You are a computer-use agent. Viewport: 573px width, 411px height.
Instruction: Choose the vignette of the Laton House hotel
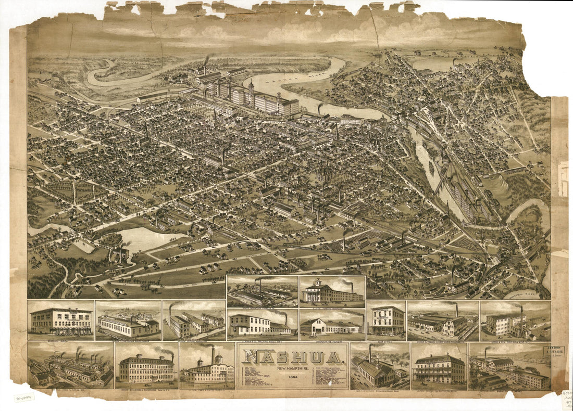439,367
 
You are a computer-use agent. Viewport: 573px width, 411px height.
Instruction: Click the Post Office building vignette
386,319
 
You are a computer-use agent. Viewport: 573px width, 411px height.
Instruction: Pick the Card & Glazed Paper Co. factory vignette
207,367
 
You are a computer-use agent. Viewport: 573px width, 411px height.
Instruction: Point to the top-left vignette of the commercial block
61,320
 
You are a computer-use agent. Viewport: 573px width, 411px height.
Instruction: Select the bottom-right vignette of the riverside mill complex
509,367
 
